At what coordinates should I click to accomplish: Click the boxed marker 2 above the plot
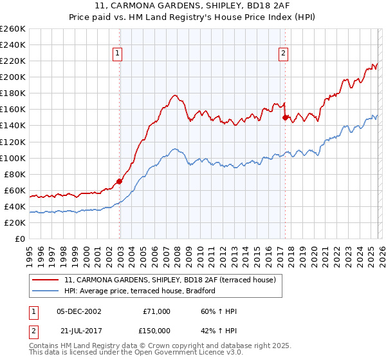point(284,54)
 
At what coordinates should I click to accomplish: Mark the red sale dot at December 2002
point(120,181)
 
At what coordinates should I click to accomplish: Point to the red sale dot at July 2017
point(285,117)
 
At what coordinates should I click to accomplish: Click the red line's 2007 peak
point(175,95)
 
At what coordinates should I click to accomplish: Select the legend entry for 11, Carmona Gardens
point(170,280)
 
